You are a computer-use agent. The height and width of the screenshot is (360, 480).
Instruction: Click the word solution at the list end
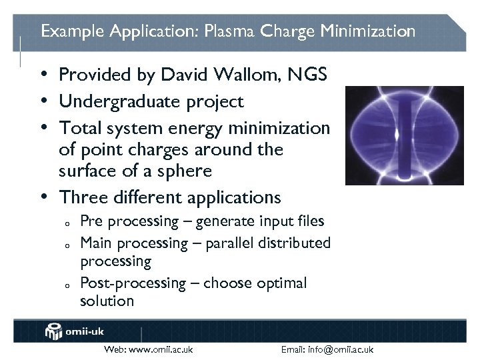[x=107, y=301]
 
